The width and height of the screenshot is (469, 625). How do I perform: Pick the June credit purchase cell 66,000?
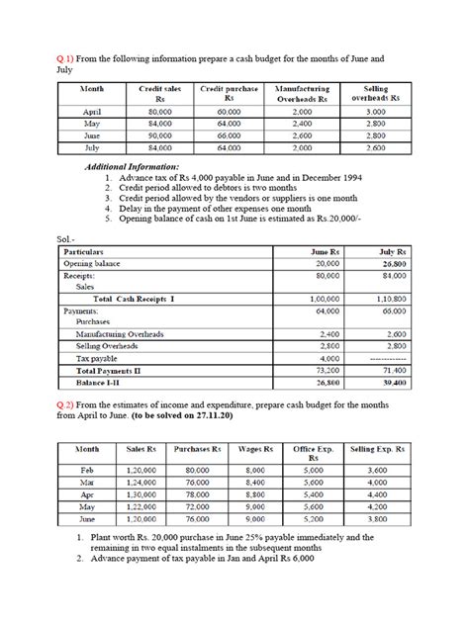click(x=230, y=136)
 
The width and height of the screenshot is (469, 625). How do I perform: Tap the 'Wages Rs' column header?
click(x=255, y=448)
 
